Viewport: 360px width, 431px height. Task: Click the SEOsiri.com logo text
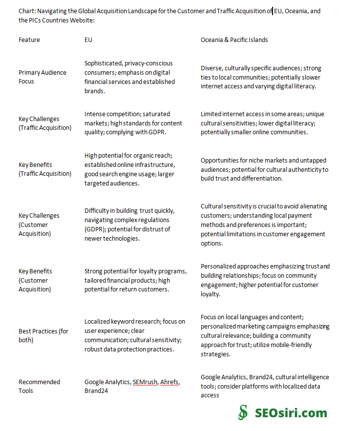coord(291,413)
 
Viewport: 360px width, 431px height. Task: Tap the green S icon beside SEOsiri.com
coord(243,412)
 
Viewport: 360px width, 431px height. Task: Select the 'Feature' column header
coord(29,40)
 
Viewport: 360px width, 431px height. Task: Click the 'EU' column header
coord(88,40)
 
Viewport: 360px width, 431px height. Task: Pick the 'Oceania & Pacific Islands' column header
coord(234,40)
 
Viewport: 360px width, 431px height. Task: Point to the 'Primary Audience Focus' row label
coord(42,77)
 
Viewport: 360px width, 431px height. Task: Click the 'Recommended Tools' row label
coord(39,386)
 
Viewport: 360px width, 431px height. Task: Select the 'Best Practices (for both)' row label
coord(43,335)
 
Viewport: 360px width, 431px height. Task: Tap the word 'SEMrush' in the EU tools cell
coord(146,382)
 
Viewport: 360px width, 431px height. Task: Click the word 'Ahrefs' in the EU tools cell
coord(170,382)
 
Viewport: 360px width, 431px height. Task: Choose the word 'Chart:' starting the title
coord(27,11)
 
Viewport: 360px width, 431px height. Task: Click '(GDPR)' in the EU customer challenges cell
coord(94,229)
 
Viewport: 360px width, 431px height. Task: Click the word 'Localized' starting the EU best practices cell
coord(97,321)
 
